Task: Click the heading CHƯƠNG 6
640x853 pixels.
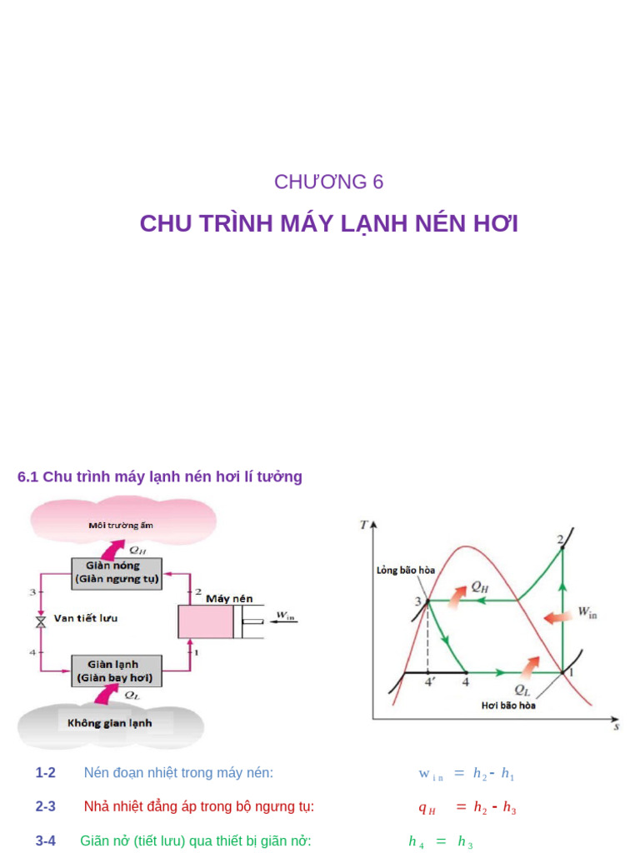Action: (329, 182)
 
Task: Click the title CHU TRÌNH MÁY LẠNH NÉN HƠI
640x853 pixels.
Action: (329, 224)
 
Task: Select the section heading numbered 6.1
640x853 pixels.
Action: (160, 476)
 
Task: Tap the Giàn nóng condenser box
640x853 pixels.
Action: (117, 571)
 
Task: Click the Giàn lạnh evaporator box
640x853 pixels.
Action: (117, 671)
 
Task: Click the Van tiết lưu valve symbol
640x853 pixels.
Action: (39, 621)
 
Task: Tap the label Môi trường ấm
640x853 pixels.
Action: (121, 526)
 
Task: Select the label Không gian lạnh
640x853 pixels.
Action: (110, 723)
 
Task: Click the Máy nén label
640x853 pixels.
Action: (229, 598)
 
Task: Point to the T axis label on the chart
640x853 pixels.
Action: (363, 525)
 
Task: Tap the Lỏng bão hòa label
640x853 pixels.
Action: (406, 571)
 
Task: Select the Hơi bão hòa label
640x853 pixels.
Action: (508, 705)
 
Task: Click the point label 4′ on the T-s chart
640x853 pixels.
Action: (431, 682)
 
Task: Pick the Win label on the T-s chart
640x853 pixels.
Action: (587, 613)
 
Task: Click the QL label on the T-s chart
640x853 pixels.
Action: (522, 689)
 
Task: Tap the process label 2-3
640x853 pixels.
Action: (45, 807)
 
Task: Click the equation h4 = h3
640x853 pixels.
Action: (441, 842)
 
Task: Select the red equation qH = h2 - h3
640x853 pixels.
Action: (467, 807)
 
